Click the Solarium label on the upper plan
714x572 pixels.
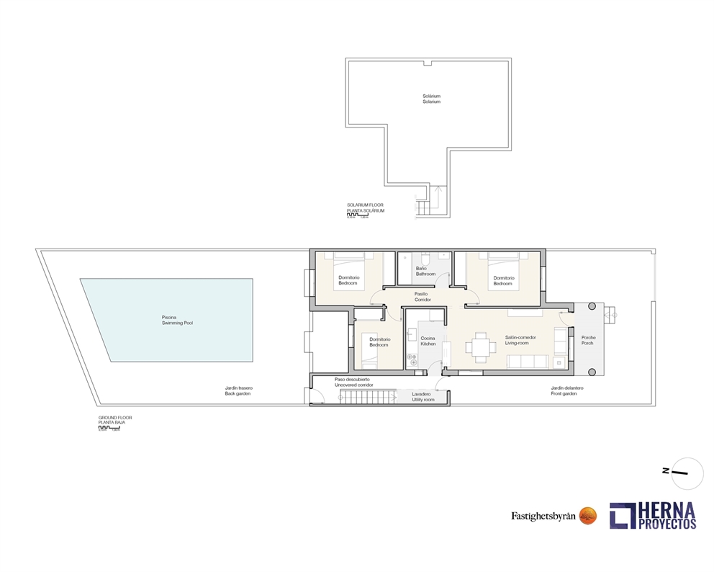click(431, 99)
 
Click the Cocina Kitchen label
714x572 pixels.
click(428, 341)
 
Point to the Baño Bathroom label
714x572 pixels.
click(425, 271)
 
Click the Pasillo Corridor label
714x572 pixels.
click(422, 296)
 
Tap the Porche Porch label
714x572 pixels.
click(587, 341)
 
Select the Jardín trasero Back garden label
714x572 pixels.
click(238, 390)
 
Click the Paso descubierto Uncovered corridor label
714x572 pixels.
click(352, 382)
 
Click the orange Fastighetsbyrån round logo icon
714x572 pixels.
click(588, 515)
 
